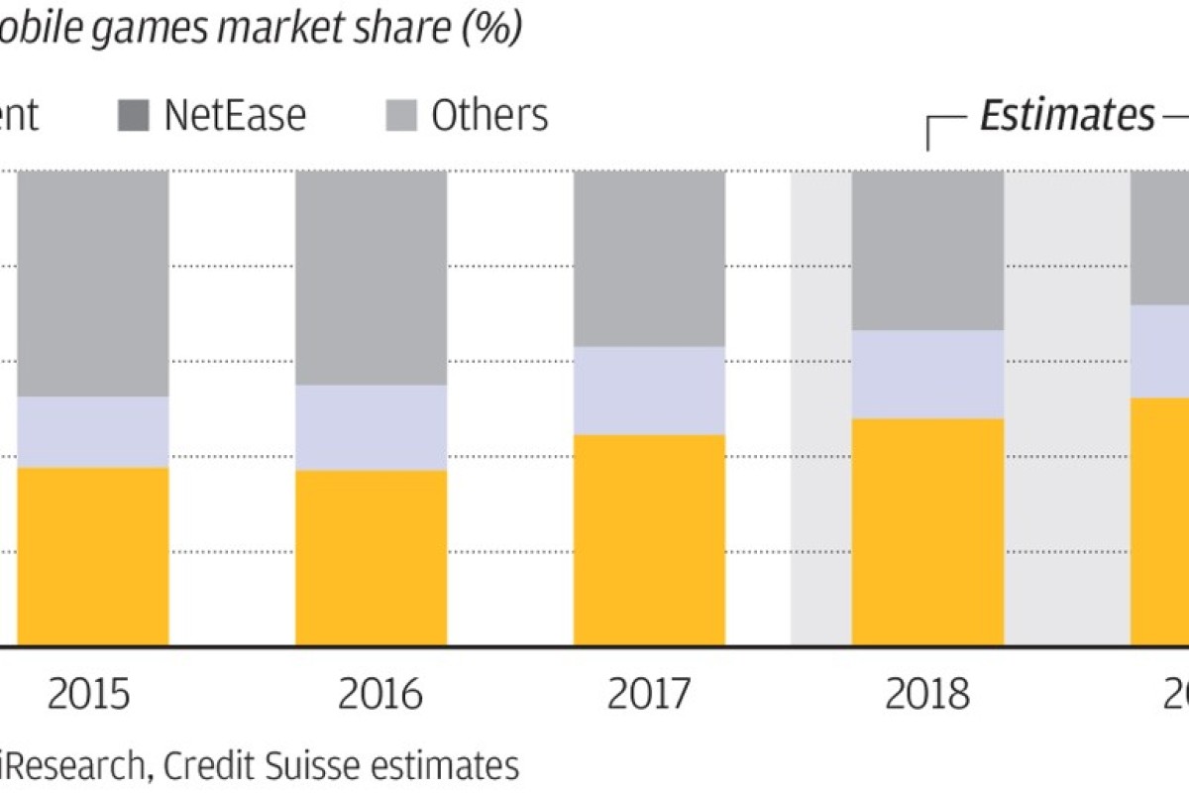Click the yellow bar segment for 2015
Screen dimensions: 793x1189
[x=92, y=556]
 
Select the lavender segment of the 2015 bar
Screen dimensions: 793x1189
[x=92, y=432]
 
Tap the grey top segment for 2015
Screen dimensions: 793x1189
[x=92, y=283]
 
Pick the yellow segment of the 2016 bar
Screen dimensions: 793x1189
[x=372, y=558]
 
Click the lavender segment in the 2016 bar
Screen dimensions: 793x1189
[x=372, y=427]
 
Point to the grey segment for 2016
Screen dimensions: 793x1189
[x=372, y=278]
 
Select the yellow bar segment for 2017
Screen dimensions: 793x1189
[x=649, y=540]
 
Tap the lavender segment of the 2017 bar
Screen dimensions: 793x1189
[x=649, y=391]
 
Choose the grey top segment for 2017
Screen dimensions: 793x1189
[x=649, y=258]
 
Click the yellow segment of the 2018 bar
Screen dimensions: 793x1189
[x=927, y=532]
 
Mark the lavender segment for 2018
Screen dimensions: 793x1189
[x=927, y=374]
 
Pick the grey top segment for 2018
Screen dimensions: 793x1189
[x=927, y=250]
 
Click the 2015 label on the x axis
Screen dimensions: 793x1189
[x=88, y=695]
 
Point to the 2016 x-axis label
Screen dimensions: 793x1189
[x=379, y=695]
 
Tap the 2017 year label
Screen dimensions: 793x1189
[x=649, y=695]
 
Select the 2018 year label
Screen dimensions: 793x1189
[x=927, y=695]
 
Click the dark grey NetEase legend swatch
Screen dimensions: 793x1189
[x=134, y=116]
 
